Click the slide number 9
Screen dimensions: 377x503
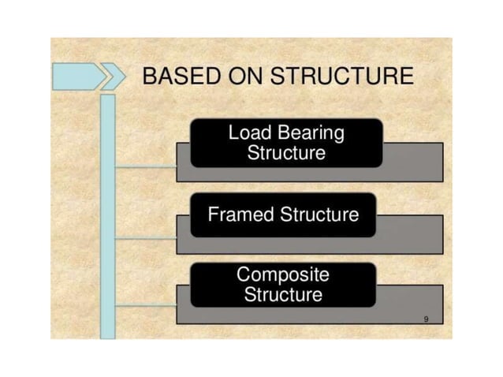click(426, 318)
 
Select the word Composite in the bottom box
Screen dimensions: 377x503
click(283, 275)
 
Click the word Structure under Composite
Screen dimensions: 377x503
click(283, 296)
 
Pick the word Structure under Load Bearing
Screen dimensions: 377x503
click(285, 153)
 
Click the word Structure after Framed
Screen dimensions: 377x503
click(319, 215)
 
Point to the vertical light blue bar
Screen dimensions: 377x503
click(108, 213)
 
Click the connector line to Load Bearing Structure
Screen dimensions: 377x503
click(146, 167)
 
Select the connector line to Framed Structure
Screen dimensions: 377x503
click(146, 237)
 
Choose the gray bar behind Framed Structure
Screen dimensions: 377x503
click(409, 234)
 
